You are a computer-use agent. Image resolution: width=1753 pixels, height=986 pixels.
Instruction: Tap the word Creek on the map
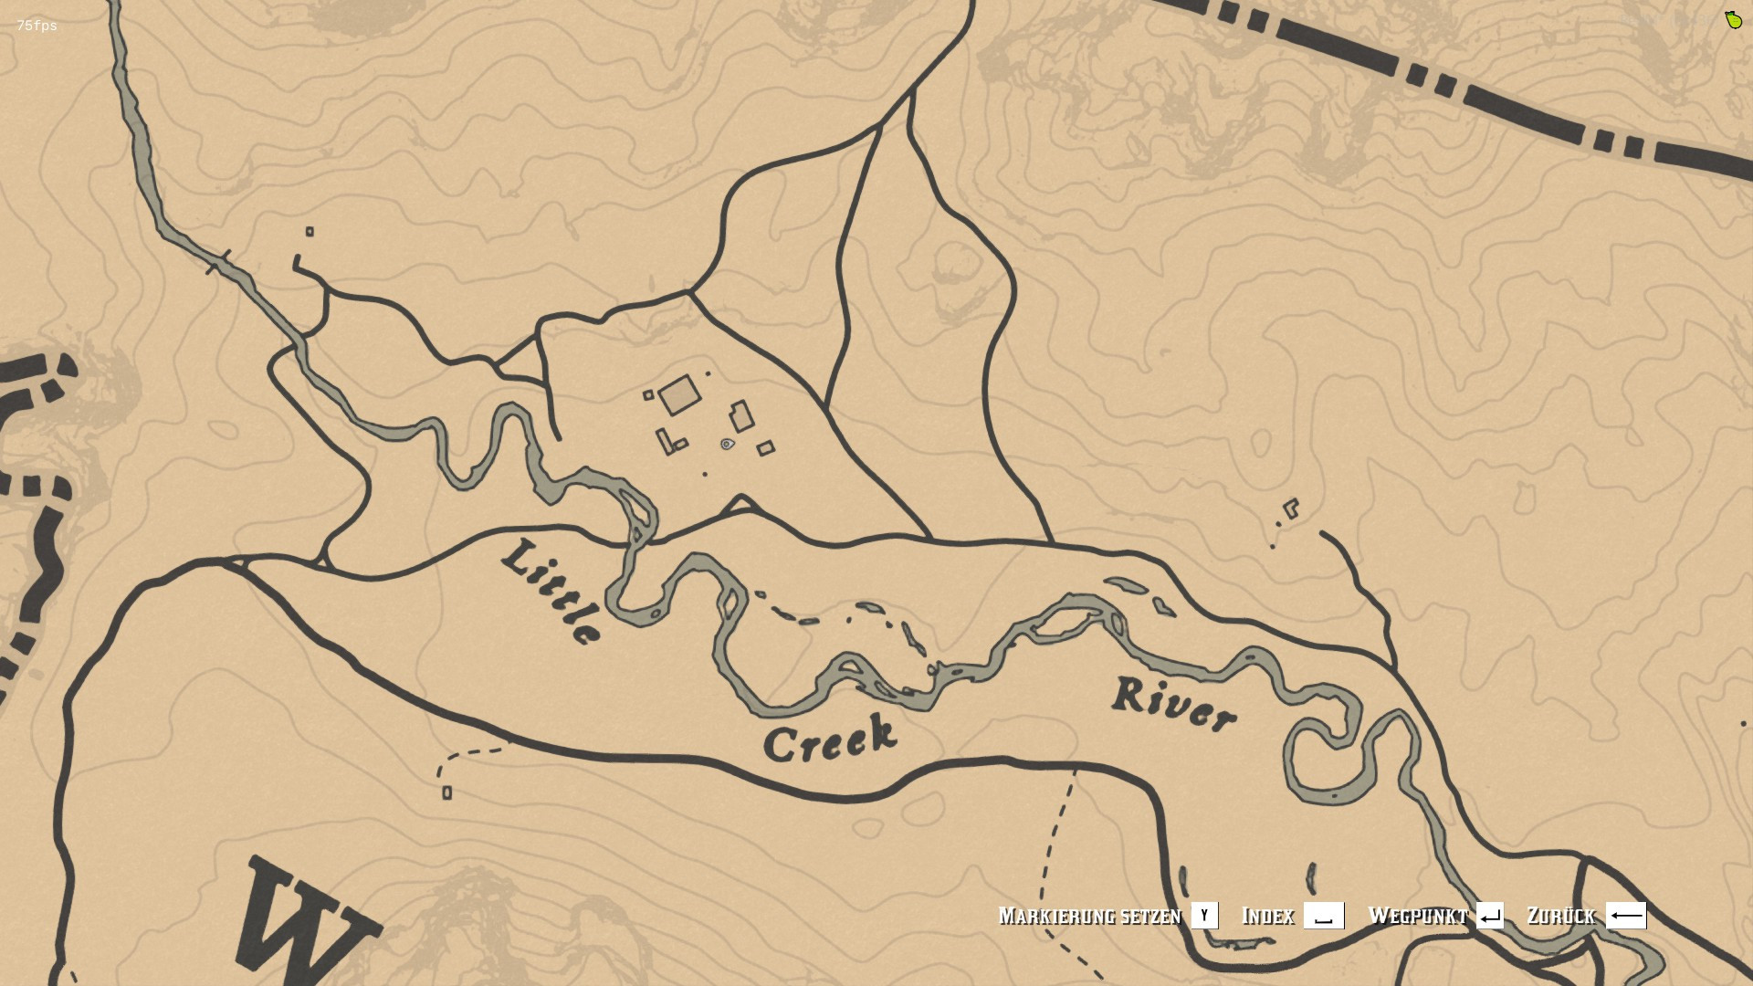point(829,739)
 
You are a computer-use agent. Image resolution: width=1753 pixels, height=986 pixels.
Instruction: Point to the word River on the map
point(1174,706)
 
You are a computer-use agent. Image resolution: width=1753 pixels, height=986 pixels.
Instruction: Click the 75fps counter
point(37,26)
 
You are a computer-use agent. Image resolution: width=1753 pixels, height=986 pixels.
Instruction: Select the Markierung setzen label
point(1089,916)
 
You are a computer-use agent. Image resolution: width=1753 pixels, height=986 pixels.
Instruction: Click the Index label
point(1267,916)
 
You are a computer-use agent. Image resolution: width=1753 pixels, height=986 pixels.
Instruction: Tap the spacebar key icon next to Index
point(1323,916)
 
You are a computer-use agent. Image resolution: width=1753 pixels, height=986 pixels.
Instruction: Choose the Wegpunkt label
point(1417,916)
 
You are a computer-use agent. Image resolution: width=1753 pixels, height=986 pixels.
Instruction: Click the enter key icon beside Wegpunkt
point(1489,916)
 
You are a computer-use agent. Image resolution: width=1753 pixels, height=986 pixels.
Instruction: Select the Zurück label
point(1560,916)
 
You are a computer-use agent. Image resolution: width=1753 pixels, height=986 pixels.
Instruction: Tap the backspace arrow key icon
point(1625,916)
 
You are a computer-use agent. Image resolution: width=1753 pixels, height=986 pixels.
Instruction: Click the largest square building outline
point(679,395)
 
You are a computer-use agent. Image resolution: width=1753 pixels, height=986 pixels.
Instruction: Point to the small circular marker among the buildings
point(727,445)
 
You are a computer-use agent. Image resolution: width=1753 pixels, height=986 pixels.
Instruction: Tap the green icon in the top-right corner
point(1733,20)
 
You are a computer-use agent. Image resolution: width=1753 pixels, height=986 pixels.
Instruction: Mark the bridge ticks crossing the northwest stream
point(219,262)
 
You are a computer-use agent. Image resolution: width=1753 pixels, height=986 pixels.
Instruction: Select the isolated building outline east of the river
point(1291,509)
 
